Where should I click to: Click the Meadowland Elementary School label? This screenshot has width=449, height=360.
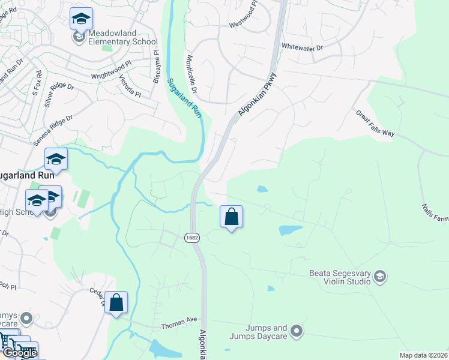[123, 37]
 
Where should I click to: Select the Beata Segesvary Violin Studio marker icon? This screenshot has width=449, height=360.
[379, 276]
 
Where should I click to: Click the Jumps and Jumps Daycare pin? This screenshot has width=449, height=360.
[295, 331]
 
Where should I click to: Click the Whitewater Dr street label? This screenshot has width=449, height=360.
[302, 47]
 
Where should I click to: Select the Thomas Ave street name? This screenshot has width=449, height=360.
[179, 326]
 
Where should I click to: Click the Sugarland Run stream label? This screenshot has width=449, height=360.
[184, 97]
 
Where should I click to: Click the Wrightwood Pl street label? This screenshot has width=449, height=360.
[111, 70]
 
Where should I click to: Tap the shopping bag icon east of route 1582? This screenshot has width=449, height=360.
[231, 217]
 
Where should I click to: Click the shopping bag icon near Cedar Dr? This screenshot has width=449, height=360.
[116, 302]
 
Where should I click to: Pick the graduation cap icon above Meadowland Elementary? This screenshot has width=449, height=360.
[80, 19]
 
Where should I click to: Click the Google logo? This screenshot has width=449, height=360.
[20, 353]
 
